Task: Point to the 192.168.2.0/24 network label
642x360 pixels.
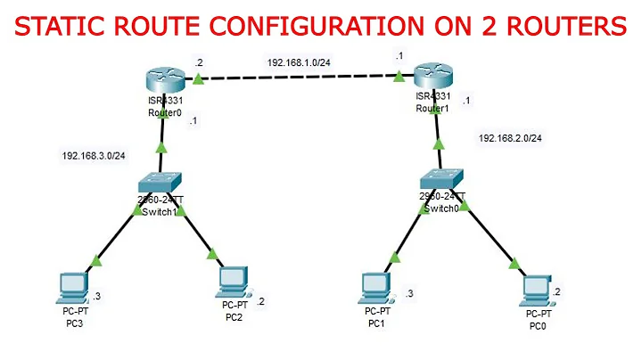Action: [510, 138]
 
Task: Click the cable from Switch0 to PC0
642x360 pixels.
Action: [482, 233]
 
